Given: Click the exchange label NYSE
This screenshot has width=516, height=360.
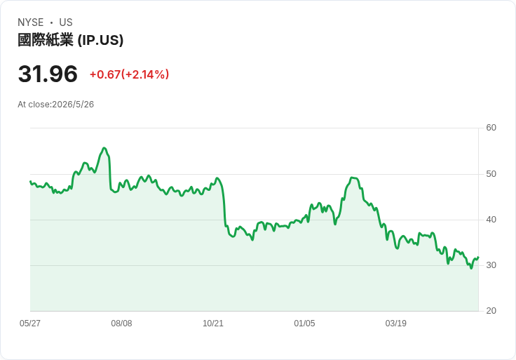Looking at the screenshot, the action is [31, 22].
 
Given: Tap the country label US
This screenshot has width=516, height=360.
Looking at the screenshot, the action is [66, 22].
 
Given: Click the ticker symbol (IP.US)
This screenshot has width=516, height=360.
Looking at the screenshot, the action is [100, 40].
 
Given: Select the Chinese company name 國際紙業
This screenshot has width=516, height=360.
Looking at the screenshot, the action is [46, 40].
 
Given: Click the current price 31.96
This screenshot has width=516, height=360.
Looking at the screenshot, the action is [48, 74].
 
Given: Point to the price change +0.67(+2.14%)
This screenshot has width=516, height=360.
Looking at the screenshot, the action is [129, 74].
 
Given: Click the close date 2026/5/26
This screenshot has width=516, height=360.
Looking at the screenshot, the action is [73, 105].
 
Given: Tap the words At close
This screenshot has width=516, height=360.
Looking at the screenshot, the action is [34, 105].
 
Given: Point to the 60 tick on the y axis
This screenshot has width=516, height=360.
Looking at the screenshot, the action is [491, 128].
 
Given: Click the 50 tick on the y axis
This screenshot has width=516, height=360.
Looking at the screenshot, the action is [491, 174].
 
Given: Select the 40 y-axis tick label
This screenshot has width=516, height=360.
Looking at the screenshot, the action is [491, 220].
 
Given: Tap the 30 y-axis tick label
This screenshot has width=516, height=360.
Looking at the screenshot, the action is [491, 265].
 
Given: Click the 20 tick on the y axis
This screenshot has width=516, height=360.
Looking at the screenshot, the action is [491, 311].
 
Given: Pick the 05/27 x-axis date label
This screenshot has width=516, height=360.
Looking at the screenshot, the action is [30, 323].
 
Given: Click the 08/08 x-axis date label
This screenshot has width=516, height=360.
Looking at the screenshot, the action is [121, 323].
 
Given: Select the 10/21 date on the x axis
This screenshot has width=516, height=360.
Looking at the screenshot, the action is [213, 323].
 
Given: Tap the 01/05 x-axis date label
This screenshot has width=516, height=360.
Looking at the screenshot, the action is [304, 323].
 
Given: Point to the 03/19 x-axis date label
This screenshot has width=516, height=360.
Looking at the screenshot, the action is [396, 323].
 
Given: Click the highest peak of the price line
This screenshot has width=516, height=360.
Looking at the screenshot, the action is [104, 148].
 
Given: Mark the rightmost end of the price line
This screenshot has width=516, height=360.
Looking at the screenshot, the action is [478, 257].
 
